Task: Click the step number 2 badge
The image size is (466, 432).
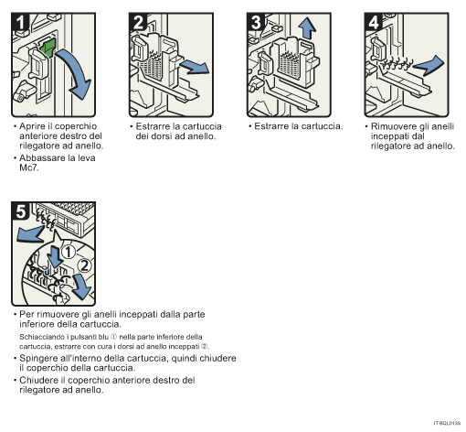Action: [140, 23]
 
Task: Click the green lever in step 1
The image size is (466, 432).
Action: [48, 47]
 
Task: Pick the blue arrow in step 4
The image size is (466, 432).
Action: [431, 63]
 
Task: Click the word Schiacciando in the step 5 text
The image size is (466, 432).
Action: [43, 337]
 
